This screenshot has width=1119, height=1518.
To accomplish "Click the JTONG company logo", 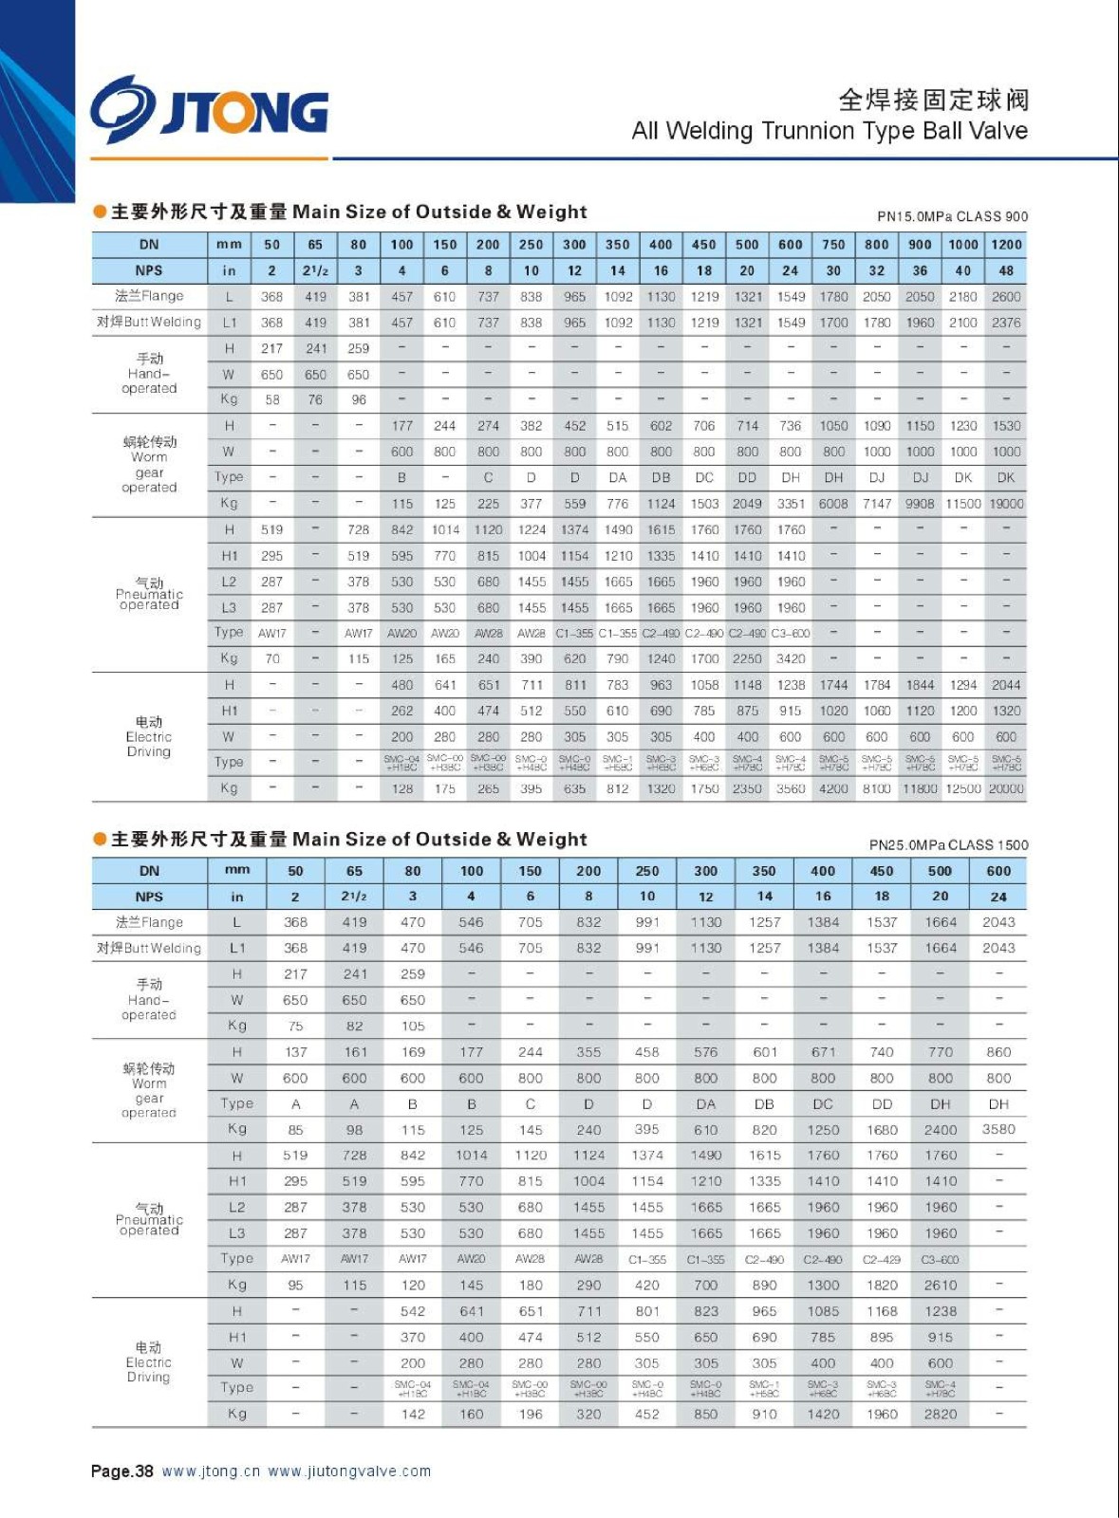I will point(210,110).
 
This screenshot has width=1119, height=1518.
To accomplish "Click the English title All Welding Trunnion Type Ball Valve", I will point(830,131).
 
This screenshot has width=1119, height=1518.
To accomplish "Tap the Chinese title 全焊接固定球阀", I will point(933,100).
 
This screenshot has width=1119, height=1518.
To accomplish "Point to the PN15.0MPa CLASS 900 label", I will point(952,216).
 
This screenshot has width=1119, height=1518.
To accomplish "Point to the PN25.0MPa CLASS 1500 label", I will point(948,844).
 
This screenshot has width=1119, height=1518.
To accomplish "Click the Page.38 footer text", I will point(121,1472).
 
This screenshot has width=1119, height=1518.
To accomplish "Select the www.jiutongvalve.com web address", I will point(349,1472).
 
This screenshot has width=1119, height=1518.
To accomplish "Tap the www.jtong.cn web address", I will point(211,1472).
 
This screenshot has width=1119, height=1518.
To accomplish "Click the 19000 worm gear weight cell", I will point(1006,504).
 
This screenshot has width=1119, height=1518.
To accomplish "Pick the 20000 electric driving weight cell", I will point(1006,788).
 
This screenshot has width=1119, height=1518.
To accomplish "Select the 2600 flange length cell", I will point(1006,297).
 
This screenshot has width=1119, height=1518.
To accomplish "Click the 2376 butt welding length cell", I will point(1006,323).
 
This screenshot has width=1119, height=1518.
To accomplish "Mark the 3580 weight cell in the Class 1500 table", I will point(998,1129).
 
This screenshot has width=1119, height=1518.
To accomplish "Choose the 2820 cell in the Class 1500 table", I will point(941,1414).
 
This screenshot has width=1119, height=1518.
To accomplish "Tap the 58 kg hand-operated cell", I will point(272,399).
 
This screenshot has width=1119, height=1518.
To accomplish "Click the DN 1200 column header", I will point(1006,245).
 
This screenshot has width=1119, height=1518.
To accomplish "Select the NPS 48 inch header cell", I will point(1006,270).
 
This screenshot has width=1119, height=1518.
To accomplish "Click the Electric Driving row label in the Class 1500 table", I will point(149,1362).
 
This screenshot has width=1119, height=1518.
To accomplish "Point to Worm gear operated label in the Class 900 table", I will point(149,465).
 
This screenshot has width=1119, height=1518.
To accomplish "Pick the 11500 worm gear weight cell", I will point(963,504).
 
